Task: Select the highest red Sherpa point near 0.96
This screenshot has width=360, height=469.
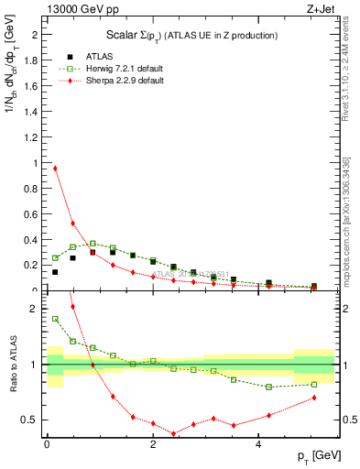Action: (x=55, y=168)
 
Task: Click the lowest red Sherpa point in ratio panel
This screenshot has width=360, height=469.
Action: (x=173, y=433)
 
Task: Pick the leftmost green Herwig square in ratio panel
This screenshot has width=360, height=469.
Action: (x=55, y=319)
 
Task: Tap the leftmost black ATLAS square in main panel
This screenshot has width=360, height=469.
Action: (x=55, y=272)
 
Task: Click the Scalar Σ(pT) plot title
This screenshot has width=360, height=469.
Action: (x=187, y=36)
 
